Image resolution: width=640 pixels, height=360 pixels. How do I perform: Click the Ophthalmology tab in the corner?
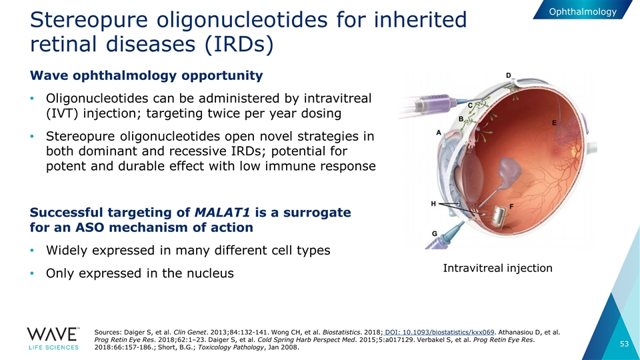583,11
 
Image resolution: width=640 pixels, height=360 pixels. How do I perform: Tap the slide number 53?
624,344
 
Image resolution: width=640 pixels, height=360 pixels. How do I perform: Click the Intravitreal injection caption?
497,268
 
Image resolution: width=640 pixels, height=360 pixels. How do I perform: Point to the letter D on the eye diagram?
509,75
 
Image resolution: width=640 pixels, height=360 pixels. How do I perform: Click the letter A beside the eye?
439,132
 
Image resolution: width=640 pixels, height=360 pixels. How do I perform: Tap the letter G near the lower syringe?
435,234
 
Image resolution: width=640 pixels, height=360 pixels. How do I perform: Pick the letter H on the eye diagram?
433,203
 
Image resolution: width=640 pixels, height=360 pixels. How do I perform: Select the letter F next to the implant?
511,207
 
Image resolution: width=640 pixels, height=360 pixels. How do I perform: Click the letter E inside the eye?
554,123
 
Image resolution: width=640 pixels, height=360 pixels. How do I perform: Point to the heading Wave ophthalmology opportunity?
147,75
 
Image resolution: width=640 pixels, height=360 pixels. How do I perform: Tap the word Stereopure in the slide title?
89,20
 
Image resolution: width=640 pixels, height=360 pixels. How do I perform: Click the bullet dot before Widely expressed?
32,250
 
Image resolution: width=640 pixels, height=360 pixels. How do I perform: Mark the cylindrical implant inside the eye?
499,216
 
